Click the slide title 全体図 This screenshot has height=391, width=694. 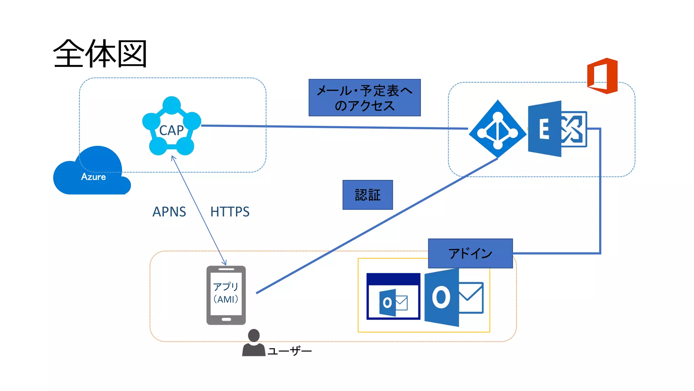pos(100,54)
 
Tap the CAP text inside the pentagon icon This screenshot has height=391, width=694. pos(171,130)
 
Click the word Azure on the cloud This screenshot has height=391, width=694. pos(93,177)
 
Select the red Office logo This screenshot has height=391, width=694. pos(603,76)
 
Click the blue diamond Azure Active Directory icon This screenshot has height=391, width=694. pos(497,129)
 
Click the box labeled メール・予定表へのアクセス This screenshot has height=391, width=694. pos(364,98)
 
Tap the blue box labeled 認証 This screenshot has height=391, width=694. pos(368,195)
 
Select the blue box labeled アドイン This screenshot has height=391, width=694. pos(470,254)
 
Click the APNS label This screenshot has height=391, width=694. pos(169,212)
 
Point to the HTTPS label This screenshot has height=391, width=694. pos(230,212)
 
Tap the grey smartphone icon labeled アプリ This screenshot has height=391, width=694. pos(226,295)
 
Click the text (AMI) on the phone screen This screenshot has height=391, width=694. pos(226,299)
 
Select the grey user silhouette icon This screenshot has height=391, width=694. pos(253,343)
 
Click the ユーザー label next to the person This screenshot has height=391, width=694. pos(290,351)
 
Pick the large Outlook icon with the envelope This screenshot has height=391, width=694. pos(453,298)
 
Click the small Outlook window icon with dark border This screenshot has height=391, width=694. pos(393,296)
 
